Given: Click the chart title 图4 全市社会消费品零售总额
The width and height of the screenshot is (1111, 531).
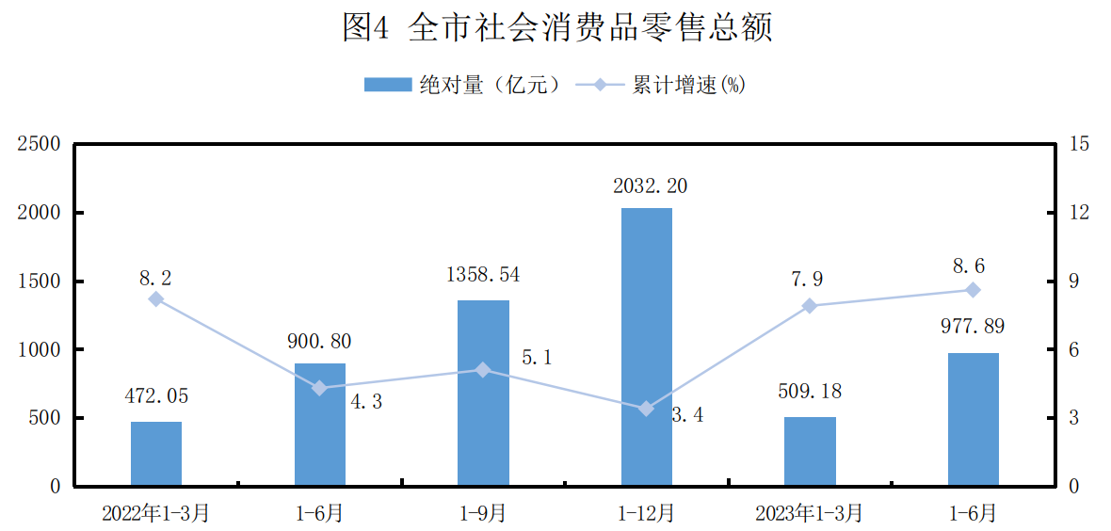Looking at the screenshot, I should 556,28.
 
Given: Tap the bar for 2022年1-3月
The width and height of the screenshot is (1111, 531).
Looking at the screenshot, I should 156,454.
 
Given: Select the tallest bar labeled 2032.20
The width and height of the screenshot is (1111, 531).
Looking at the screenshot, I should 646,346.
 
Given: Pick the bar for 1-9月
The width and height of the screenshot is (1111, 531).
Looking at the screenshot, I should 483,393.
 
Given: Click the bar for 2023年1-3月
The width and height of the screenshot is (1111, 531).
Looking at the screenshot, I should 810,451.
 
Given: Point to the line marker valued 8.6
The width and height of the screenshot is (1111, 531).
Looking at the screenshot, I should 973,290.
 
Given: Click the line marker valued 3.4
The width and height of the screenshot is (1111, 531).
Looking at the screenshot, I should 646,409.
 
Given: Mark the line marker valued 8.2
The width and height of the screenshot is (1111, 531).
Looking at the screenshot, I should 156,299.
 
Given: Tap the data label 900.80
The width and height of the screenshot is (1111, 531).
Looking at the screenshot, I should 320,342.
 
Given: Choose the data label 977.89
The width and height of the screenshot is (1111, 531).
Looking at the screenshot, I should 973,328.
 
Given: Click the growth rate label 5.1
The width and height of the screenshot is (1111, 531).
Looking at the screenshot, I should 536,359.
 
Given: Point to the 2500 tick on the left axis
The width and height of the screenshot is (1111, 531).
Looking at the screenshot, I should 42,144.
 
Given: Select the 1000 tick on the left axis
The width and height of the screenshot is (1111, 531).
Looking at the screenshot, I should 42,349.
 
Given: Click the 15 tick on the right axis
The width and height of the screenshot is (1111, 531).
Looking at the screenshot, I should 1080,144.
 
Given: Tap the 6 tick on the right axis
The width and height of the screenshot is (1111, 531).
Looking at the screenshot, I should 1075,349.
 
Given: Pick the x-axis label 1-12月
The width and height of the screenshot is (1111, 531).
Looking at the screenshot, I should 646,513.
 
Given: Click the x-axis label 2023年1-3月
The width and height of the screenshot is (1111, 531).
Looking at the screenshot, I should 810,513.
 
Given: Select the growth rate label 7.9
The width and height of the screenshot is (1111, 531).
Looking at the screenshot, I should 810,280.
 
